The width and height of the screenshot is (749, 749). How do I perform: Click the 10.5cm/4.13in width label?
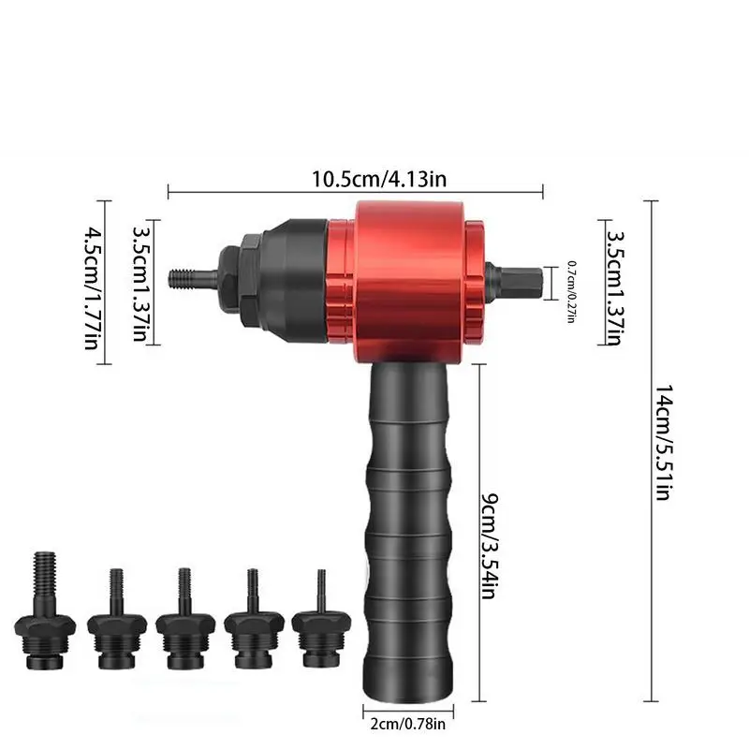click(355, 177)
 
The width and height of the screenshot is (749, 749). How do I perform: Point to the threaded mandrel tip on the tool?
click(187, 278)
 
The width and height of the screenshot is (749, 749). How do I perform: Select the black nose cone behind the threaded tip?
click(281, 278)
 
